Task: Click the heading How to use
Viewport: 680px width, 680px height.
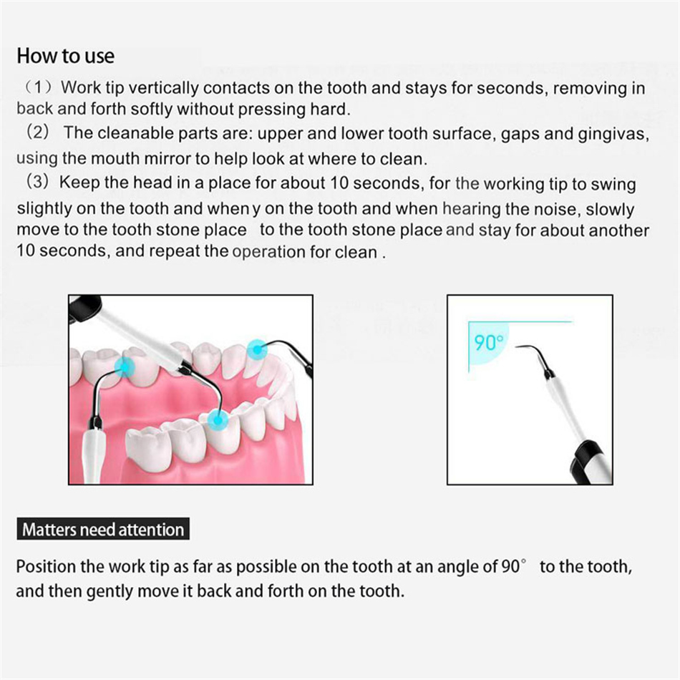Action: click(65, 55)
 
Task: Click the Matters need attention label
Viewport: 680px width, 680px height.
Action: click(103, 530)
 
